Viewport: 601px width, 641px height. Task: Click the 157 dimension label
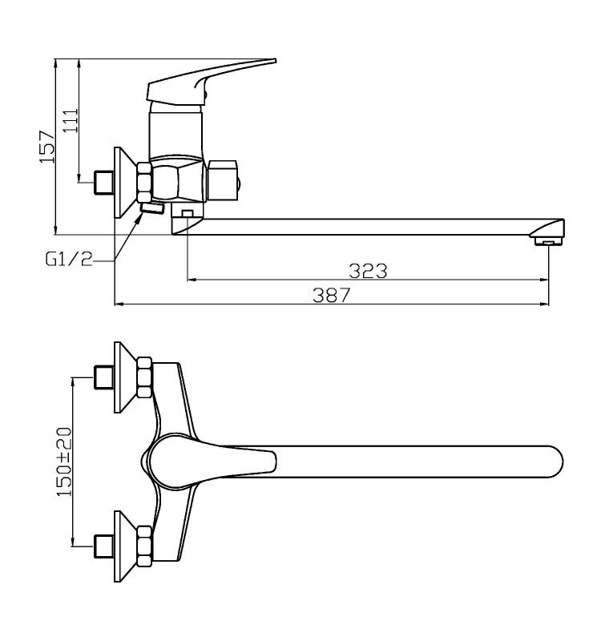pos(46,147)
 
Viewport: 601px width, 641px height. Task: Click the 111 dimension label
pos(70,121)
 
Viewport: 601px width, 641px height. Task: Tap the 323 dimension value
pos(368,271)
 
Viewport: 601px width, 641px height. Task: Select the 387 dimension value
pos(332,295)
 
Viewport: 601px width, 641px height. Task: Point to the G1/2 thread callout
pos(69,259)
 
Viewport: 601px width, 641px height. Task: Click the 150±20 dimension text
pos(64,462)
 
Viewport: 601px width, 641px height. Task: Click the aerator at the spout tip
pos(548,242)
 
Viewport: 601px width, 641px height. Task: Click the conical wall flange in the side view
pos(124,183)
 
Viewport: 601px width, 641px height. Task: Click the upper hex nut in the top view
pos(145,377)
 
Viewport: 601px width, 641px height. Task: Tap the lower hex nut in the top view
pos(144,546)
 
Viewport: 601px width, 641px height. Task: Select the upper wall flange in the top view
pos(124,377)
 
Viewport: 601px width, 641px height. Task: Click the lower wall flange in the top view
pos(124,546)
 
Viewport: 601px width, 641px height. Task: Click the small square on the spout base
pos(188,213)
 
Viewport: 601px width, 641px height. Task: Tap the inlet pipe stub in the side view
pos(104,182)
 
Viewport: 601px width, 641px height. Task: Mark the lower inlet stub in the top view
pos(104,546)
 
